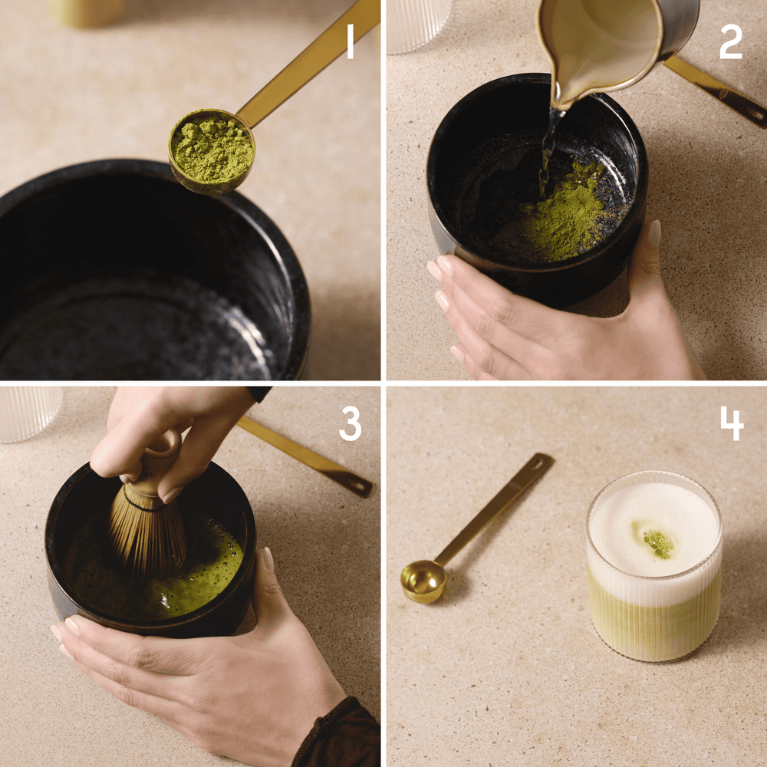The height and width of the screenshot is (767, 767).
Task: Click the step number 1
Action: [x=350, y=41]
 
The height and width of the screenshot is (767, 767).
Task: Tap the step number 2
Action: [x=730, y=41]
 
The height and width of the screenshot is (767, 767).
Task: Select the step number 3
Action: [x=350, y=423]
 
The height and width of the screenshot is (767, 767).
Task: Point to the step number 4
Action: [x=731, y=423]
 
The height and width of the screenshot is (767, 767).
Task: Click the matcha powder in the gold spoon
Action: [x=212, y=149]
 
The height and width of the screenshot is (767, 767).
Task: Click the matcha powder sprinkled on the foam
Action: [x=658, y=543]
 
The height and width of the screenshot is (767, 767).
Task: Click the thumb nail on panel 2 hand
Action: [x=654, y=232]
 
